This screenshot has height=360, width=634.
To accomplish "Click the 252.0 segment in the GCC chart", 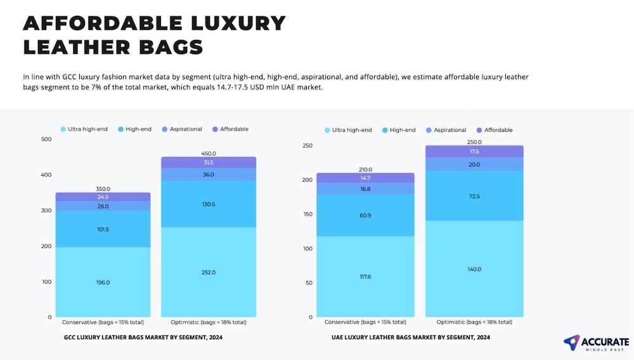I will point(209,272).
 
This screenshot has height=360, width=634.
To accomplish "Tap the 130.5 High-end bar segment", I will point(209,204).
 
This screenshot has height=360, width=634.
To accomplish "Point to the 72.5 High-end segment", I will point(474,196).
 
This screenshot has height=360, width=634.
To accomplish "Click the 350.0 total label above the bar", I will point(103,189).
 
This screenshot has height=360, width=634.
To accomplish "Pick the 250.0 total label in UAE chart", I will point(474,142).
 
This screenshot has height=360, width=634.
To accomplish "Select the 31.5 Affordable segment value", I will point(209,163).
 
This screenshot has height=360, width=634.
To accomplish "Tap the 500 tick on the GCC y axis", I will point(46,139).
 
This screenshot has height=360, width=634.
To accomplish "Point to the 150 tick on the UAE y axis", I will point(308,214).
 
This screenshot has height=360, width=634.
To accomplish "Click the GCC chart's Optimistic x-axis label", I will point(209,322).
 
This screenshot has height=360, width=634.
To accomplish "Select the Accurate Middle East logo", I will point(597,343).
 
